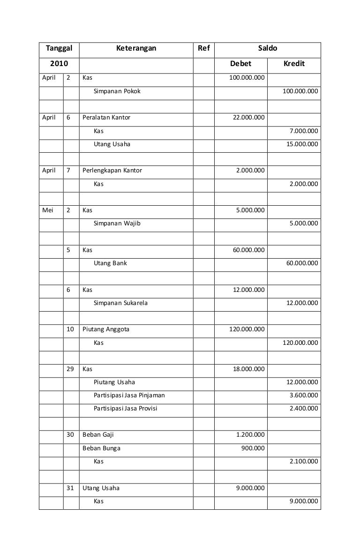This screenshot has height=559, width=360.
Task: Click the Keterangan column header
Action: [136, 48]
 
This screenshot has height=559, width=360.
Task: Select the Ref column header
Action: [204, 48]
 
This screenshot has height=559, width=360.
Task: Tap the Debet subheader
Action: [240, 64]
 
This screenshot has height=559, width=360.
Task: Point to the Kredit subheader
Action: [294, 64]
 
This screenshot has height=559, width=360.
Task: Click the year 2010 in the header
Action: [59, 64]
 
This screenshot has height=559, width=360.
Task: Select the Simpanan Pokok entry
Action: [117, 91]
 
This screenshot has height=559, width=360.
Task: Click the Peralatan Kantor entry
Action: [106, 118]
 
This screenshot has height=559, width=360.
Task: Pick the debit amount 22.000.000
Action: [248, 118]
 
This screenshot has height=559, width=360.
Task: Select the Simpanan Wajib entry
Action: [117, 224]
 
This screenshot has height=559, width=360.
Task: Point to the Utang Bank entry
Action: [110, 263]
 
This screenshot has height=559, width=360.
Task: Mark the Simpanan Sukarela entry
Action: [120, 303]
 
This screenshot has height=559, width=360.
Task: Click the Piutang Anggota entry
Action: [106, 329]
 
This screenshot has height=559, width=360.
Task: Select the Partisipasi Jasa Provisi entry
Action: [125, 409]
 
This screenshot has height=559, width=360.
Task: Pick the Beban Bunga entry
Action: [101, 448]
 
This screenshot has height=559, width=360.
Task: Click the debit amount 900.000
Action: [253, 448]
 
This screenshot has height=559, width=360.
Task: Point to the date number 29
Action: [70, 369]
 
